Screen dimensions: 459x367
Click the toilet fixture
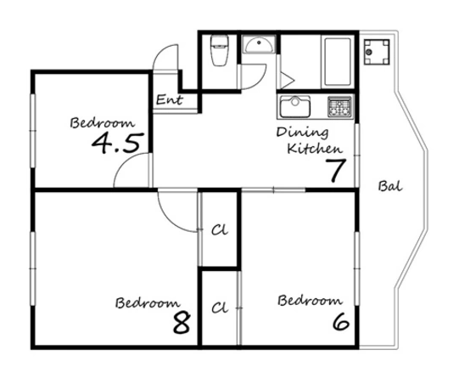tap(219, 50)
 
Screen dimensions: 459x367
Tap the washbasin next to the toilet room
tap(259, 44)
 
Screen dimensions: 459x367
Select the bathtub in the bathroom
tap(338, 61)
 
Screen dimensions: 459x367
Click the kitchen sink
tap(295, 107)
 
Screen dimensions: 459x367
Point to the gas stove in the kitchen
tap(339, 107)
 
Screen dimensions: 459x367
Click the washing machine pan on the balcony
tap(377, 52)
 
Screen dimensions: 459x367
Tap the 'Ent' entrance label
tap(170, 100)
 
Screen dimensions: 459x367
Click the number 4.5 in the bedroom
tap(118, 143)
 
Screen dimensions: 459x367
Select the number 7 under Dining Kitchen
tap(336, 170)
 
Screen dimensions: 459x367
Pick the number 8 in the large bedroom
tap(182, 323)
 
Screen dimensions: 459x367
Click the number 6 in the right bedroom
tap(341, 321)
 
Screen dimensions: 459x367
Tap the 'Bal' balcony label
tap(390, 186)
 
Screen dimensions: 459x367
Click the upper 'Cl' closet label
tap(220, 230)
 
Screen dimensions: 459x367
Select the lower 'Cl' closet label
tap(220, 308)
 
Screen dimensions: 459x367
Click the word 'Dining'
tap(302, 133)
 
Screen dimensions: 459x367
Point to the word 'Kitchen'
tap(315, 149)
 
